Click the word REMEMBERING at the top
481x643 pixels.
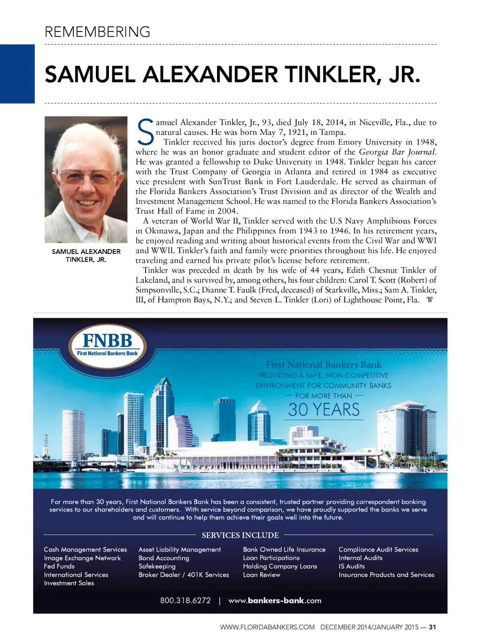pyautogui.click(x=97, y=32)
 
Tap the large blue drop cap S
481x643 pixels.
pyautogui.click(x=145, y=132)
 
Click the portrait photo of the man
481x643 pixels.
pyautogui.click(x=86, y=179)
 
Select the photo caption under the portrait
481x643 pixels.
pyautogui.click(x=86, y=255)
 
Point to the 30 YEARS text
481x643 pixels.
pyautogui.click(x=324, y=410)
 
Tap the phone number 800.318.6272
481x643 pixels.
pyautogui.click(x=185, y=600)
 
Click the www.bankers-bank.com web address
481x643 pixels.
pyautogui.click(x=275, y=600)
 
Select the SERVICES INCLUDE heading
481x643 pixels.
pyautogui.click(x=240, y=535)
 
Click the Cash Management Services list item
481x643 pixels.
pyautogui.click(x=85, y=550)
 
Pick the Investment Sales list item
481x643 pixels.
pyautogui.click(x=69, y=583)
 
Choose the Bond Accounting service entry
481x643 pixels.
pyautogui.click(x=164, y=558)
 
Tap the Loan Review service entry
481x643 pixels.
pyautogui.click(x=262, y=574)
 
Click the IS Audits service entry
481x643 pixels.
pyautogui.click(x=352, y=566)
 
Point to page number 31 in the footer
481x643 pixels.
pyautogui.click(x=433, y=627)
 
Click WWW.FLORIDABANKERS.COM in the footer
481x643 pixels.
pyautogui.click(x=267, y=627)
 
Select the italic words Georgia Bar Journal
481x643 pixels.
pyautogui.click(x=397, y=152)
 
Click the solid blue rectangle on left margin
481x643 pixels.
pyautogui.click(x=17, y=74)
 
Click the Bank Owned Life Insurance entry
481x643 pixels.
pyautogui.click(x=284, y=550)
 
